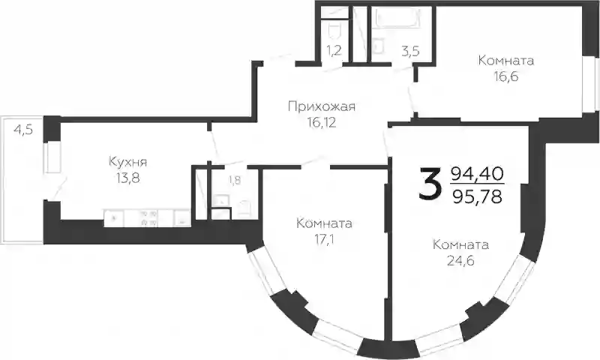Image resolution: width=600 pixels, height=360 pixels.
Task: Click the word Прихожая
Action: pos(322,106)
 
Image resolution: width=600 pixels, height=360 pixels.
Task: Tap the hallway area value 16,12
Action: pos(322,122)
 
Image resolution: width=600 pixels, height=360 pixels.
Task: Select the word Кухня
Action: pos(127,162)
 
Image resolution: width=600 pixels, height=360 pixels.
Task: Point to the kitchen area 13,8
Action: pos(128,178)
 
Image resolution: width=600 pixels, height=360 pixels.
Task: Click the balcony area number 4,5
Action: pos(23,130)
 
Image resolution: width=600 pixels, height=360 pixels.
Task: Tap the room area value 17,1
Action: pos(324,240)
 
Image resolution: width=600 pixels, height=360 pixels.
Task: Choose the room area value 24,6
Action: pos(460,261)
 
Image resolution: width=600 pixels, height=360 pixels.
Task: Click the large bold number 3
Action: pos(428,184)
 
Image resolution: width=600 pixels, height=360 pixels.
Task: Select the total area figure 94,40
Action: pos(476,174)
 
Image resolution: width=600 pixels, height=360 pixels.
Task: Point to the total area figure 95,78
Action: pos(476,197)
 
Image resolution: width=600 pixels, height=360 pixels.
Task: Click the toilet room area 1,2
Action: pos(334,50)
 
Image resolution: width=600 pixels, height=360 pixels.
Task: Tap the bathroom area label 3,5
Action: pos(410,52)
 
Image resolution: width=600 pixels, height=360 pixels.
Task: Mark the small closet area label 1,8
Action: pos(235,180)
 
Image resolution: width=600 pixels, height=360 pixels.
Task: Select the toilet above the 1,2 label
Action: pos(334,29)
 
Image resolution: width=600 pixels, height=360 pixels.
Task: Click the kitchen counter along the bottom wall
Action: pos(147,217)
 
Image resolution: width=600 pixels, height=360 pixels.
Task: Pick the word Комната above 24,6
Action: pos(460,244)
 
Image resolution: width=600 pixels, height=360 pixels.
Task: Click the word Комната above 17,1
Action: pos(324,223)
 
